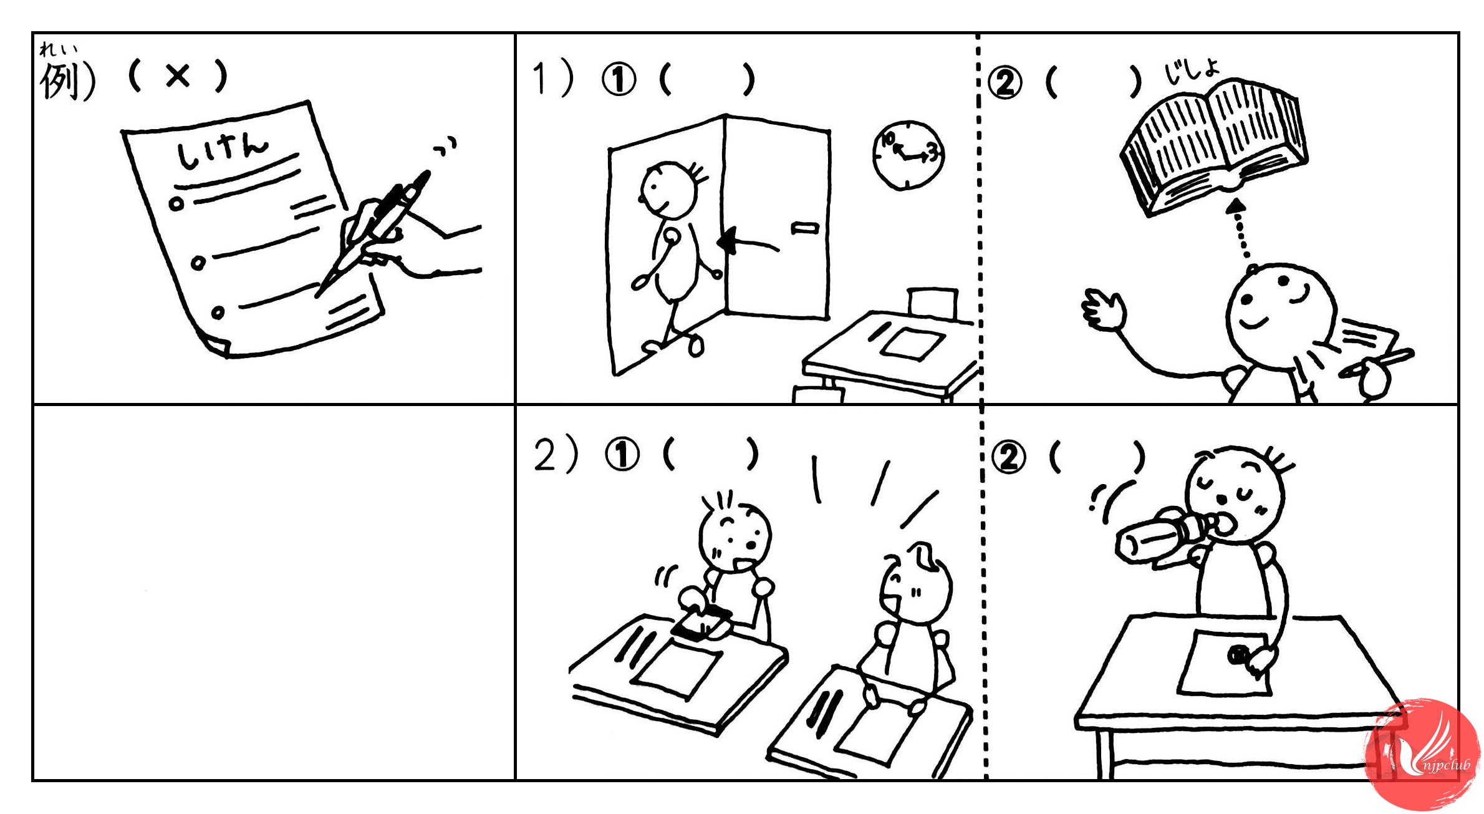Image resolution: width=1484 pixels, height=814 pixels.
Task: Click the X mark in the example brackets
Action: [x=178, y=76]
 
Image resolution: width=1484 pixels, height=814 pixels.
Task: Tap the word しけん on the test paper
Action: [x=223, y=152]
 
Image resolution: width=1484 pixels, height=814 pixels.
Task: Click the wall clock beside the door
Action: [x=908, y=155]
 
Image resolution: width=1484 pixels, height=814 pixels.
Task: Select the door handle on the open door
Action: [x=804, y=228]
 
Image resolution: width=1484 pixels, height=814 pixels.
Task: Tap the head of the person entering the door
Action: [x=670, y=189]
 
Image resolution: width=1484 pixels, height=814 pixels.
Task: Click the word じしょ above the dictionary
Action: [x=1192, y=70]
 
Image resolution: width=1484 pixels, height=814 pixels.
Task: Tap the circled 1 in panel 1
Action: [x=619, y=80]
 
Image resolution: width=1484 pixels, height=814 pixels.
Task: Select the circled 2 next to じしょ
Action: [x=1005, y=82]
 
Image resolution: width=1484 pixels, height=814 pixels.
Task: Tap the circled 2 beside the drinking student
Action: [x=1008, y=457]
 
